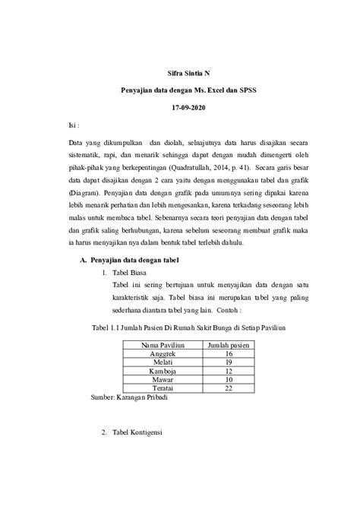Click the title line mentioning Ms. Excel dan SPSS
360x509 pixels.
tap(186, 90)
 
